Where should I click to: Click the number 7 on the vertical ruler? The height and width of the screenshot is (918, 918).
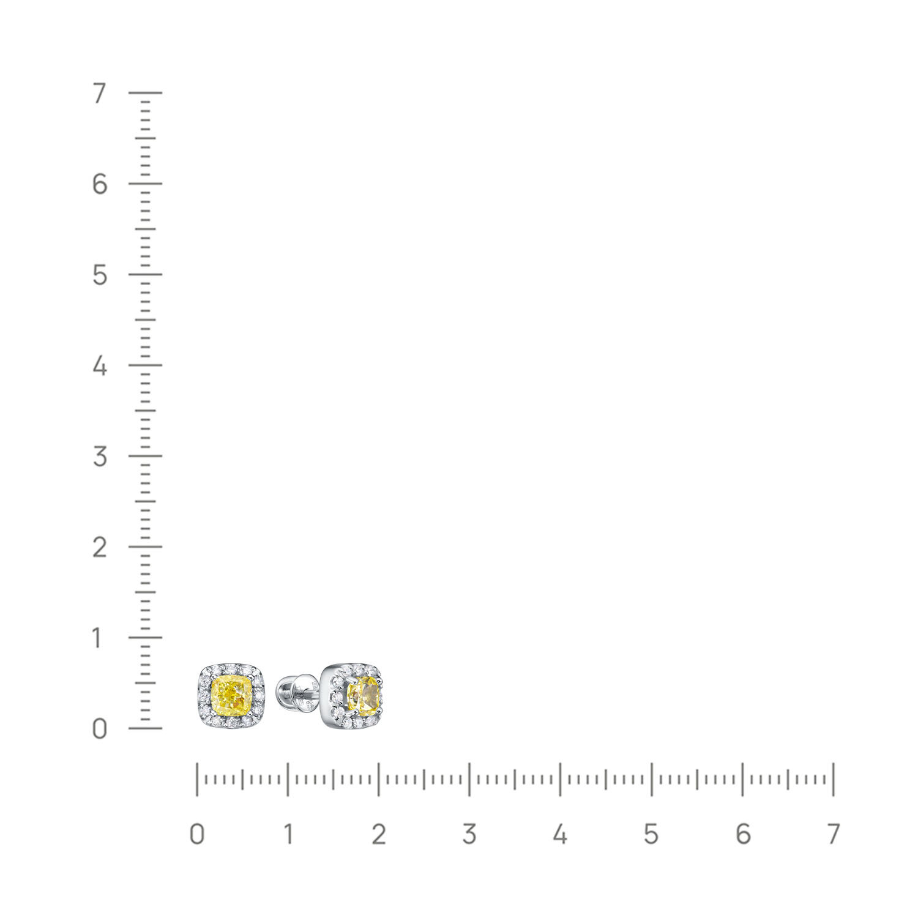pos(99,94)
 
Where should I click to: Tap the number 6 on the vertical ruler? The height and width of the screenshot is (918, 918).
pos(100,184)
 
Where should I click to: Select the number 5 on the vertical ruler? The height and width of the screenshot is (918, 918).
pos(100,275)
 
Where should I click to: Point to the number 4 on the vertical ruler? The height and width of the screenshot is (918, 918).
pos(100,366)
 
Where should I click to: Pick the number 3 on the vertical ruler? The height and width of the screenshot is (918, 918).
pos(100,457)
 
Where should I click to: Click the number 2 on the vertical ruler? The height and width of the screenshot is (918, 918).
pos(100,547)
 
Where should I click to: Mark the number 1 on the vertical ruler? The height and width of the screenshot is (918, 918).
pos(99,638)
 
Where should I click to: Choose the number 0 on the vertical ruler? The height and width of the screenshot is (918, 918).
pos(100,729)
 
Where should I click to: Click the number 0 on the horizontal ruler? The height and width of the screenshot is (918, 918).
pos(196,834)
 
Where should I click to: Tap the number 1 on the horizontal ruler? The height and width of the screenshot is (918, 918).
pos(287,834)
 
